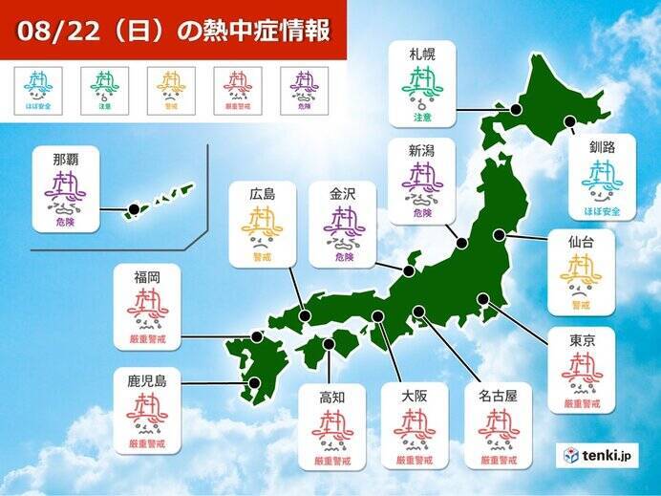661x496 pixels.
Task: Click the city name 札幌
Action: click(421, 54)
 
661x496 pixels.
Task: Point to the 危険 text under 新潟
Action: click(422, 213)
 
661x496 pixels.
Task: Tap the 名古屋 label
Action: click(498, 396)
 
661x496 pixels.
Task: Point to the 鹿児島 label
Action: click(147, 380)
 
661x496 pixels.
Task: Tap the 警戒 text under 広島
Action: click(262, 256)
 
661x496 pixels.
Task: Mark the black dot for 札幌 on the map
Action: click(516, 110)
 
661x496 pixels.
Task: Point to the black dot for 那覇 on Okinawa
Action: click(134, 208)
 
